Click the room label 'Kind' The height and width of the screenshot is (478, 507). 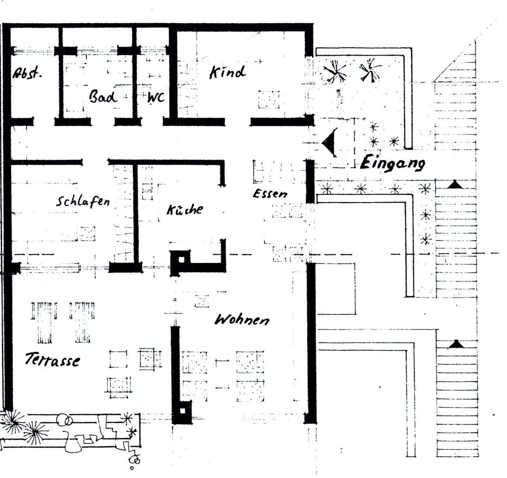(x=227, y=72)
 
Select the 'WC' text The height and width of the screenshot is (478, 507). (x=156, y=97)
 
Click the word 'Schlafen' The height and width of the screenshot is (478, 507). (x=82, y=201)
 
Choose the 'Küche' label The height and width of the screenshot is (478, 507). (x=185, y=210)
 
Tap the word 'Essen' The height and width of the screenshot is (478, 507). (x=270, y=193)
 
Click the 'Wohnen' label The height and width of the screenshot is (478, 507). (x=241, y=320)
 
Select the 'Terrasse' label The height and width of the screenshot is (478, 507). (x=52, y=359)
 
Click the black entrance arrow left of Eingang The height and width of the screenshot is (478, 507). (x=330, y=142)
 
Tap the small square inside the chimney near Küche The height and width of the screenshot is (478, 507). (x=182, y=259)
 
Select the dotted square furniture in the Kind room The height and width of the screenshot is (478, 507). (x=269, y=100)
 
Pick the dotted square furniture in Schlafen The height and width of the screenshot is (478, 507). (x=87, y=233)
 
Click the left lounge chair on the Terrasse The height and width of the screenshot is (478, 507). (x=44, y=322)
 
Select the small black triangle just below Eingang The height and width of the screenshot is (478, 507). (x=455, y=185)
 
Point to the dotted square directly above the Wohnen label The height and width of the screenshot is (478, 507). (x=202, y=301)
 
